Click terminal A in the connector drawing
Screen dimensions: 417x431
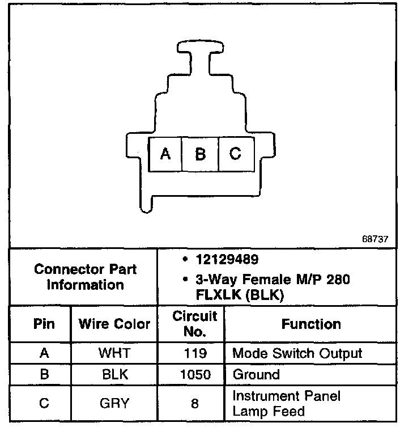(x=165, y=154)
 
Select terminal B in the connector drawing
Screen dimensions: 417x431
(x=200, y=154)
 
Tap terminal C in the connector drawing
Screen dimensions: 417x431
(x=235, y=154)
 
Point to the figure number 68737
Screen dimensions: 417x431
(x=375, y=238)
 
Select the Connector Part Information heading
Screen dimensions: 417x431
(x=85, y=276)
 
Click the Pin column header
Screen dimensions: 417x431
(x=44, y=324)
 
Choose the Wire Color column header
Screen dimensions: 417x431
(x=114, y=324)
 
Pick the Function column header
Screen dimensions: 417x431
(x=311, y=324)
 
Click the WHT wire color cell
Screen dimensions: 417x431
(x=114, y=353)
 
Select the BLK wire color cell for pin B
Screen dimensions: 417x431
(x=114, y=374)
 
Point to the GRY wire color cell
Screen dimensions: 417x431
(x=114, y=403)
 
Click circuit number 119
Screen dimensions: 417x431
(x=195, y=353)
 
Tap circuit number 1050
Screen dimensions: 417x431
(x=195, y=374)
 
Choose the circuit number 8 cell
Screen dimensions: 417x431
(x=195, y=403)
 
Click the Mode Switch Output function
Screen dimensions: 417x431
(x=297, y=353)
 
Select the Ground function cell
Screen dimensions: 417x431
(x=256, y=374)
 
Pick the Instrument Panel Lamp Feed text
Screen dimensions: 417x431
(x=286, y=403)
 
